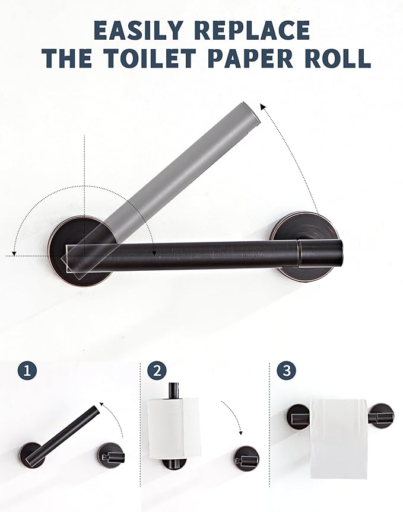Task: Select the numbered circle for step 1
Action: (27, 372)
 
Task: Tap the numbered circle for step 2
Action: (157, 372)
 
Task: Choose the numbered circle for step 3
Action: (287, 372)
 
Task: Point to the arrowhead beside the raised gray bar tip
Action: (263, 107)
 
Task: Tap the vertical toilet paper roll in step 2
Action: (173, 428)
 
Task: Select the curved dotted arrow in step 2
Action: (234, 418)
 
